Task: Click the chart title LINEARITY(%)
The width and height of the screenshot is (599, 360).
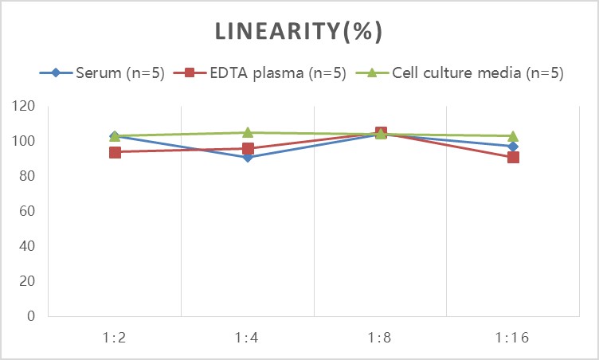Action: pyautogui.click(x=299, y=31)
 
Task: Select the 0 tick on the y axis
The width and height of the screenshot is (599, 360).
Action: pyautogui.click(x=31, y=316)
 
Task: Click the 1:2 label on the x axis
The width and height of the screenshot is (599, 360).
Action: pyautogui.click(x=115, y=337)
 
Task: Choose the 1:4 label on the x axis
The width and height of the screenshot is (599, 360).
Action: pyautogui.click(x=248, y=337)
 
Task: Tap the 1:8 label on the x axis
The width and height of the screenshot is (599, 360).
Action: pyautogui.click(x=380, y=337)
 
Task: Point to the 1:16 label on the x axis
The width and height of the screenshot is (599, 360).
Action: pyautogui.click(x=513, y=337)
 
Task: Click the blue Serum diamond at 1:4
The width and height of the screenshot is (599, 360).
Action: pyautogui.click(x=248, y=157)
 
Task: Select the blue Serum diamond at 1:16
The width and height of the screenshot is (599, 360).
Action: pyautogui.click(x=513, y=147)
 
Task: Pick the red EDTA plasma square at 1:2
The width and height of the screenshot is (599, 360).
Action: pyautogui.click(x=115, y=152)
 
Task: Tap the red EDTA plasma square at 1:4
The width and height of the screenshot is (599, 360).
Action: pyautogui.click(x=248, y=149)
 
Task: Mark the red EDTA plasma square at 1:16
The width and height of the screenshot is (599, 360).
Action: pyautogui.click(x=513, y=157)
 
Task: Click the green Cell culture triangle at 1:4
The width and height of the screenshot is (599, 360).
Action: pyautogui.click(x=248, y=132)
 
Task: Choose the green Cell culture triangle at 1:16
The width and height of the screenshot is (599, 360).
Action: pyautogui.click(x=513, y=136)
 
